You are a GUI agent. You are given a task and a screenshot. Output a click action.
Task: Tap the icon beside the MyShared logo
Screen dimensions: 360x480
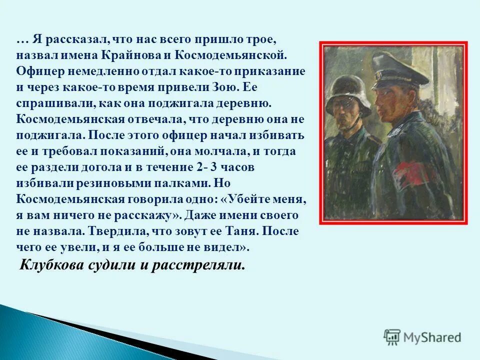392,337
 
